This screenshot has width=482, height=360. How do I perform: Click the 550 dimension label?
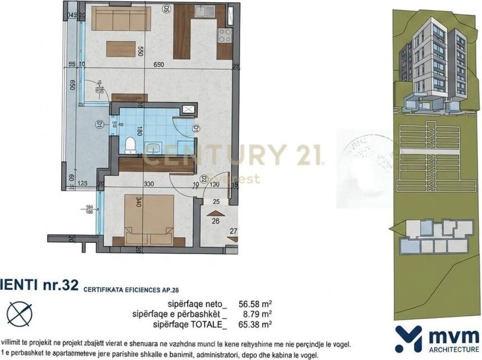pos(139,51)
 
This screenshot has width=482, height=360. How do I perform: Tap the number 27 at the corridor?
pos(233,232)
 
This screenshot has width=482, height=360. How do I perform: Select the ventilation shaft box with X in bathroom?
pos(188,110)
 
